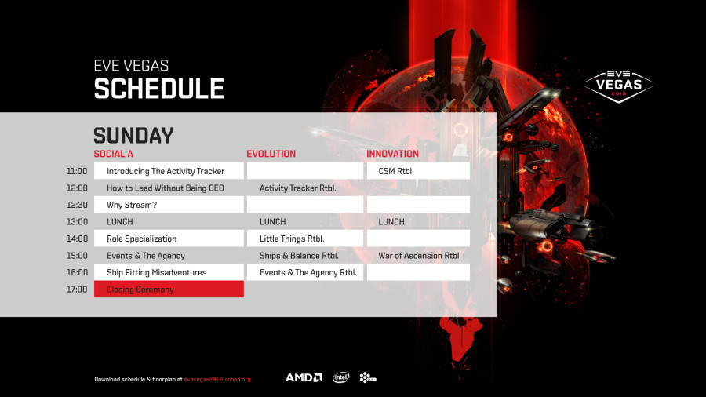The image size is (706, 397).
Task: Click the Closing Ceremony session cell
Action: click(169, 289)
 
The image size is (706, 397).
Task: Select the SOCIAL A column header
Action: click(114, 154)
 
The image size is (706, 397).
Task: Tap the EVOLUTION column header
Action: click(271, 154)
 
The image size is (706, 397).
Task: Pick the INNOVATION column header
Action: click(393, 154)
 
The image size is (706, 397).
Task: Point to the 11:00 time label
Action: click(77, 171)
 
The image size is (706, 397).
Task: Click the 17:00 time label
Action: click(77, 290)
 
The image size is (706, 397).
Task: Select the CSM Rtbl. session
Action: click(396, 171)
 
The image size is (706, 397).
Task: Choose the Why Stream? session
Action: click(132, 205)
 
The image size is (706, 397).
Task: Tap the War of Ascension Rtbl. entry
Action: click(420, 256)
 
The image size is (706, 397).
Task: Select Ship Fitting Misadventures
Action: click(157, 272)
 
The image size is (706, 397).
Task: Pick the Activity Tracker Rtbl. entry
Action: click(297, 188)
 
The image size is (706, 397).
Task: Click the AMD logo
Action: click(304, 377)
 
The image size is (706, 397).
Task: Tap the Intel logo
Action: click(341, 377)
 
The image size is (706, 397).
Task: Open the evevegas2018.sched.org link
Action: click(217, 380)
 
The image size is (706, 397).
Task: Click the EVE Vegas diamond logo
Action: click(619, 86)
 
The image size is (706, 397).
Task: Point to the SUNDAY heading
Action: click(133, 136)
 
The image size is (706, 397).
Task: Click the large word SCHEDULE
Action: click(159, 88)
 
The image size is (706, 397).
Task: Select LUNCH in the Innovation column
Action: click(391, 222)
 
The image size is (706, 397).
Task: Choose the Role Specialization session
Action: click(142, 239)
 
